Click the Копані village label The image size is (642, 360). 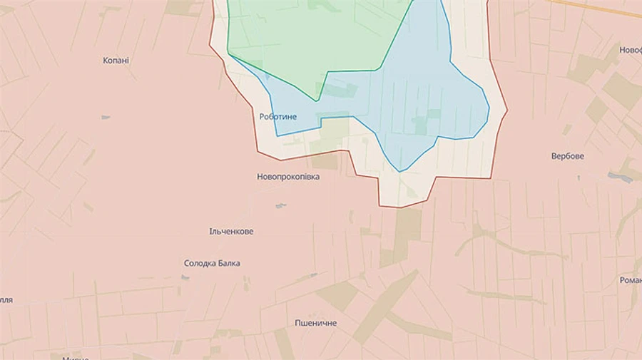pyautogui.click(x=116, y=61)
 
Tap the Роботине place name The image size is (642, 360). pyautogui.click(x=278, y=116)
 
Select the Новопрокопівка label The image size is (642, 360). pyautogui.click(x=288, y=177)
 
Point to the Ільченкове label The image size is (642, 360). pyautogui.click(x=231, y=232)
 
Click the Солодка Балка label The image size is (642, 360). pyautogui.click(x=212, y=263)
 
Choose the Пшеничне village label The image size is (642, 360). pyautogui.click(x=316, y=323)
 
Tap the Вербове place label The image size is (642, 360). pyautogui.click(x=568, y=155)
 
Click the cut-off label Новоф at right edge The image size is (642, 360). pyautogui.click(x=631, y=50)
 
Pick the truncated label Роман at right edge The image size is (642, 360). pyautogui.click(x=631, y=280)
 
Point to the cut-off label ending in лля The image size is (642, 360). pyautogui.click(x=6, y=300)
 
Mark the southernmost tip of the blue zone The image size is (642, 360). pyautogui.click(x=401, y=171)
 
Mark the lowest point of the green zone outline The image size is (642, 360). pyautogui.click(x=317, y=101)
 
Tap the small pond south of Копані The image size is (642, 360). pyautogui.click(x=106, y=117)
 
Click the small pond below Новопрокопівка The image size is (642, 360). pyautogui.click(x=280, y=206)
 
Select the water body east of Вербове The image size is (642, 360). pyautogui.click(x=620, y=177)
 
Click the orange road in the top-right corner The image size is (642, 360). pyautogui.click(x=599, y=7)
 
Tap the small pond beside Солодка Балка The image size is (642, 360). pyautogui.click(x=185, y=277)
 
